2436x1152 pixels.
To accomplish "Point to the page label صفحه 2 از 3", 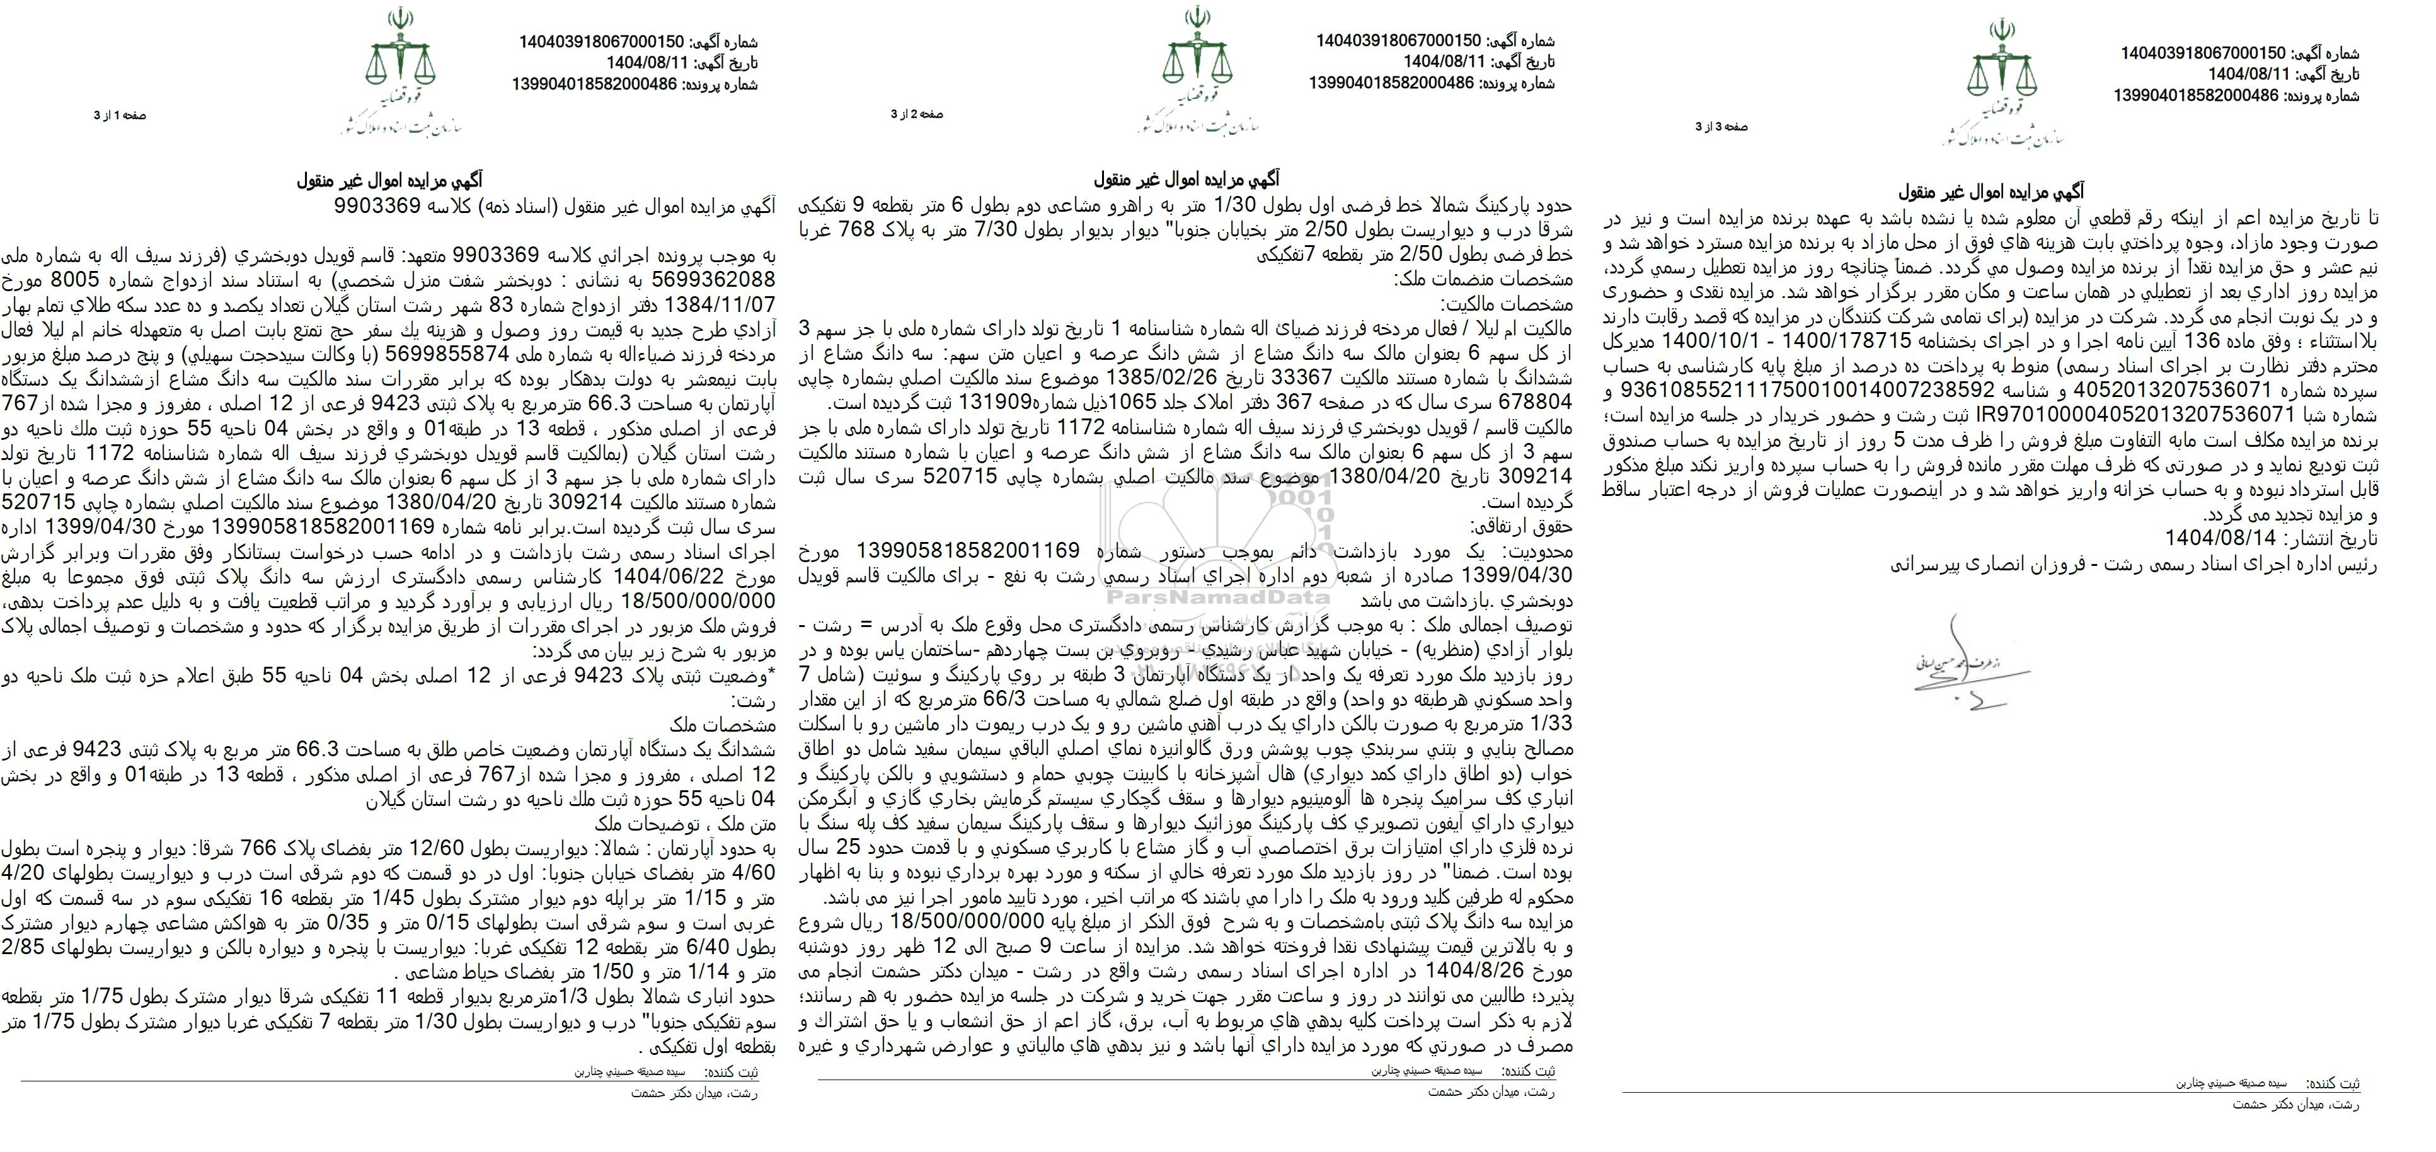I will [x=916, y=115].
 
